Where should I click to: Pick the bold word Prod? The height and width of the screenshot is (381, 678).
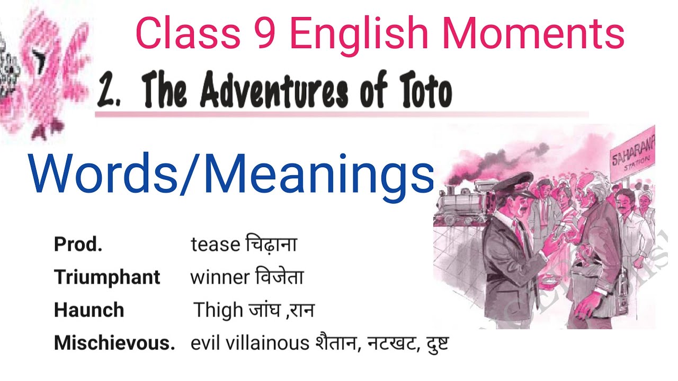[x=78, y=244]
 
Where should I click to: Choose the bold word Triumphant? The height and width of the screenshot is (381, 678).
[x=107, y=277]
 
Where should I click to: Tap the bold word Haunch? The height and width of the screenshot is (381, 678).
[x=89, y=310]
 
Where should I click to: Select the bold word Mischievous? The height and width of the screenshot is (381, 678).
[x=114, y=343]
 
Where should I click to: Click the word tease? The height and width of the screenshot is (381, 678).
[x=215, y=244]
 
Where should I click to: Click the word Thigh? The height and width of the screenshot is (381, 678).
[x=217, y=310]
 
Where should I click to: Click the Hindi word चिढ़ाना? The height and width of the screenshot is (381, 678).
[x=271, y=244]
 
